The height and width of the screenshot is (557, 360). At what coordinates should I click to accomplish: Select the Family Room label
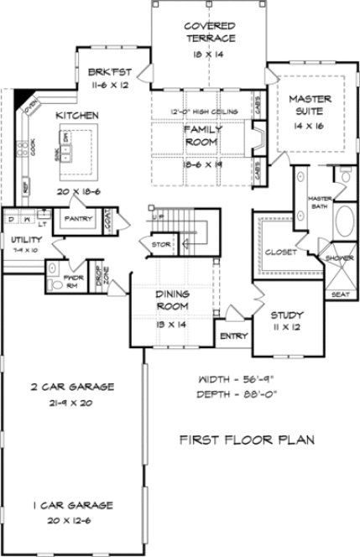[202, 136]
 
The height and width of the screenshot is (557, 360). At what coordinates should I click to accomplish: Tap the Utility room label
[17, 241]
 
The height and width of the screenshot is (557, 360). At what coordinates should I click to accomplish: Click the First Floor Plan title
[235, 439]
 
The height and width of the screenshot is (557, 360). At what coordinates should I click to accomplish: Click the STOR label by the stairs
[159, 246]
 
